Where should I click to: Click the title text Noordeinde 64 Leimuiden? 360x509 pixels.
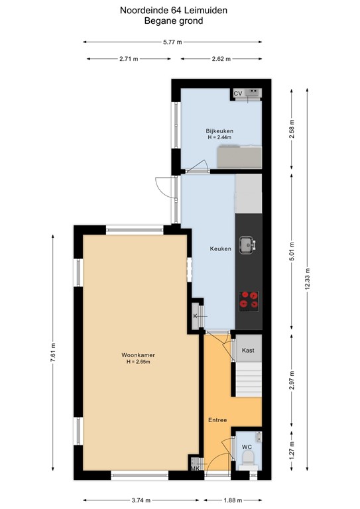(174, 10)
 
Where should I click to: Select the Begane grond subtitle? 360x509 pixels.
(174, 21)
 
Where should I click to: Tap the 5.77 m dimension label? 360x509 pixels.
(174, 42)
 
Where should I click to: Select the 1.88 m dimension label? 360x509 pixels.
(233, 500)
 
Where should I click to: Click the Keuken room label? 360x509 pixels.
(220, 249)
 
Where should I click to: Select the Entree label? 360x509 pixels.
(217, 421)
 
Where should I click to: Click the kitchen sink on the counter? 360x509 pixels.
(249, 244)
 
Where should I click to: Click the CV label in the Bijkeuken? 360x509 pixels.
(237, 93)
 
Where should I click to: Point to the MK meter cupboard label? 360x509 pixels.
(195, 469)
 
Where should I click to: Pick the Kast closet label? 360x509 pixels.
(248, 350)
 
